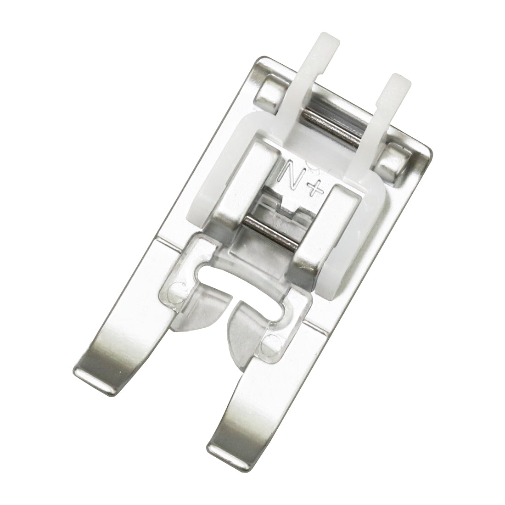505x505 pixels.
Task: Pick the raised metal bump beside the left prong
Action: [x=264, y=92]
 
